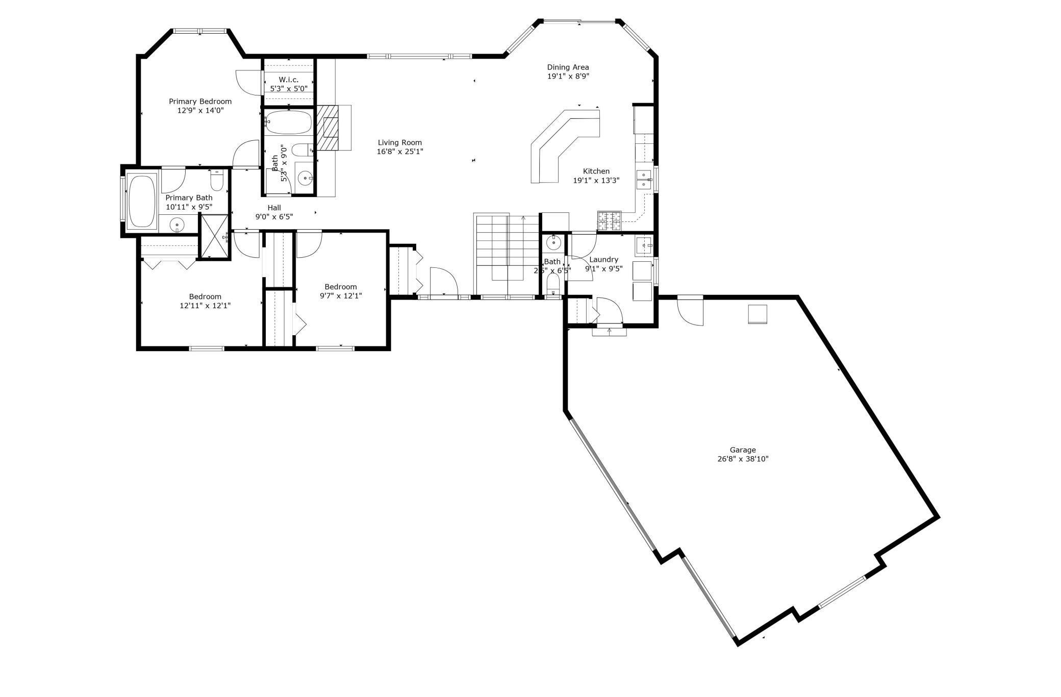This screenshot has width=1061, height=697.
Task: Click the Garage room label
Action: coord(742,450)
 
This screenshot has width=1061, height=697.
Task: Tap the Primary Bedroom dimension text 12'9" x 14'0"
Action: coord(200,110)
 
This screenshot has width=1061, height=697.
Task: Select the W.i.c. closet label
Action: coord(288,80)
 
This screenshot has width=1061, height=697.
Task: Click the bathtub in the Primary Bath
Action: coord(142,201)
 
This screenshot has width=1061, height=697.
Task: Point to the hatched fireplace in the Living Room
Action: coord(327,128)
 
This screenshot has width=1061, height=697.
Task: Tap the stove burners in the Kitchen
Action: coord(610,220)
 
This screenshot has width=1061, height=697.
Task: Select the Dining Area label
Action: coord(568,67)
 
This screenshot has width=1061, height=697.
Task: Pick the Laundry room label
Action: coord(603,259)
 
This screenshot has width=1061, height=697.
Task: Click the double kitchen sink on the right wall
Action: coord(644,180)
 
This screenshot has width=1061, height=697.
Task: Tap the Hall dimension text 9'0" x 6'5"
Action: coord(274,217)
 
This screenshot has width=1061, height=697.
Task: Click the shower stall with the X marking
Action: coord(214,236)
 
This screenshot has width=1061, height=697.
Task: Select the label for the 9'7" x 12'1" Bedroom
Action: coord(340,287)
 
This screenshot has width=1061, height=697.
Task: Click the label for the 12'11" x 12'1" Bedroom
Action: coord(205,296)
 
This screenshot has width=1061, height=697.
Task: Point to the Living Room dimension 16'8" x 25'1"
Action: coord(399,152)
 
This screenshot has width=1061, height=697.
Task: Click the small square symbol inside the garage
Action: coord(757,314)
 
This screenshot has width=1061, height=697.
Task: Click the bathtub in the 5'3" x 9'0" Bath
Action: coord(288,122)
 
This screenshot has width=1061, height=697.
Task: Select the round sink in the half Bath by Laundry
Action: coord(553,241)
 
